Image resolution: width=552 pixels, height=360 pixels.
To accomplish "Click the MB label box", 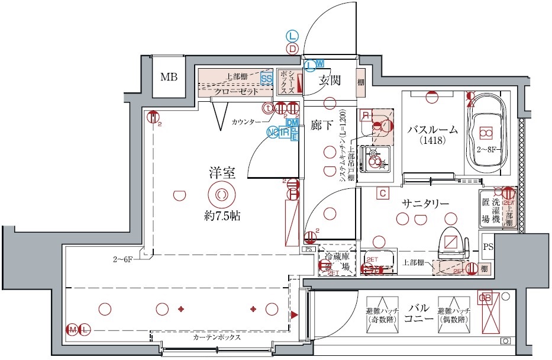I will click(x=169, y=77).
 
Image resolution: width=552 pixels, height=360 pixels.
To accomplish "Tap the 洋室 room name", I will click(x=222, y=173).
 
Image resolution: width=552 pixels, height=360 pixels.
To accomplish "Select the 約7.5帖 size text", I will click(x=219, y=216).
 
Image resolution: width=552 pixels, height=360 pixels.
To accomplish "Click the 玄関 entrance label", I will click(x=329, y=81).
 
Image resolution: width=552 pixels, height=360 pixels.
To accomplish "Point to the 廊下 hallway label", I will click(x=323, y=125).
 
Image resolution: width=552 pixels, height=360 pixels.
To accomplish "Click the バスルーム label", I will click(x=434, y=130).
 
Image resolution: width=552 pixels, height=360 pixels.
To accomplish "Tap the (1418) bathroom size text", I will click(x=434, y=142).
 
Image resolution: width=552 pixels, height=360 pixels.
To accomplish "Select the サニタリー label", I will click(x=425, y=203).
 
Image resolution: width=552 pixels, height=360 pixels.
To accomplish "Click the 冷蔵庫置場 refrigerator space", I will click(x=337, y=261).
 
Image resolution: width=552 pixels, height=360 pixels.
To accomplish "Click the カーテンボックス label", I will click(x=217, y=337).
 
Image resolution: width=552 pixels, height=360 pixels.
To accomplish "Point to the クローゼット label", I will click(x=235, y=92).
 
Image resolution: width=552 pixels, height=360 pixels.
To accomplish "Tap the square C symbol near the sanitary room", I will click(x=383, y=192).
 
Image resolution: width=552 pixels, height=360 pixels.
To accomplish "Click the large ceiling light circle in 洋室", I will click(x=221, y=194).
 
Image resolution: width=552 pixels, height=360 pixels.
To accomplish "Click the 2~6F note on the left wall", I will click(x=124, y=259).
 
